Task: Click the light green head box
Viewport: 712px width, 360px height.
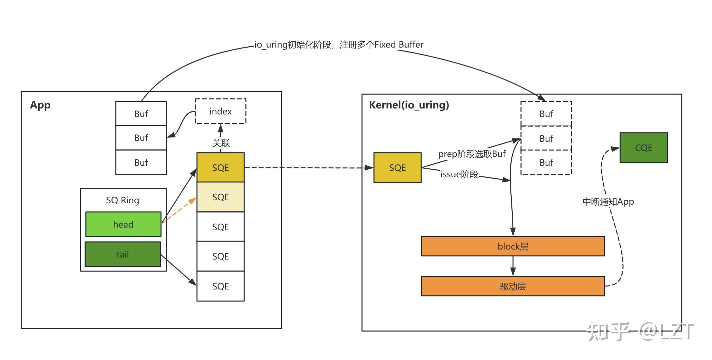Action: pyautogui.click(x=123, y=224)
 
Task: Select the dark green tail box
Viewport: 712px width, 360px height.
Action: pyautogui.click(x=123, y=254)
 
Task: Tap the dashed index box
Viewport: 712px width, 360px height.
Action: pyautogui.click(x=220, y=111)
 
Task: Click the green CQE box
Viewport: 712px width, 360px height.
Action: pyautogui.click(x=643, y=148)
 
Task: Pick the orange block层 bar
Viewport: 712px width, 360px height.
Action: pyautogui.click(x=513, y=246)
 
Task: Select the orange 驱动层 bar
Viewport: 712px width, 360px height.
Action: pyautogui.click(x=513, y=286)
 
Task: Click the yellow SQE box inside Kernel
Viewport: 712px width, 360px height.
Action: pyautogui.click(x=397, y=168)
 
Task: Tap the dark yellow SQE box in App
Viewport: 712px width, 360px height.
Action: pyautogui.click(x=220, y=167)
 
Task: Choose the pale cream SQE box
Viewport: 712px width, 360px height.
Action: pyautogui.click(x=220, y=197)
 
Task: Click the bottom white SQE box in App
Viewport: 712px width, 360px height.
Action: pyautogui.click(x=220, y=286)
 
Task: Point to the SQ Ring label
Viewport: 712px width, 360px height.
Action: pyautogui.click(x=122, y=200)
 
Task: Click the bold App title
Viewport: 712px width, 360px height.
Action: pyautogui.click(x=40, y=105)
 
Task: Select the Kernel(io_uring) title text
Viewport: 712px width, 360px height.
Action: pyautogui.click(x=409, y=105)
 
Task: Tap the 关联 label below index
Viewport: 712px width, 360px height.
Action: pyautogui.click(x=221, y=143)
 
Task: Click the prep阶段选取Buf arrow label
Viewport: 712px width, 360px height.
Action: pyautogui.click(x=471, y=154)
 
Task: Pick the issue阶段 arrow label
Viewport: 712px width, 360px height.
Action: pyautogui.click(x=459, y=174)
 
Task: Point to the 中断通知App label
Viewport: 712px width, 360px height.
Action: pyautogui.click(x=608, y=202)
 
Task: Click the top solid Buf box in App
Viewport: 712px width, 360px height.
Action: pyautogui.click(x=141, y=114)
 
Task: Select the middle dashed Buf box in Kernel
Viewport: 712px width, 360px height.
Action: pyautogui.click(x=546, y=138)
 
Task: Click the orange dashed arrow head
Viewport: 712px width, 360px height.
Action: pyautogui.click(x=193, y=201)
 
